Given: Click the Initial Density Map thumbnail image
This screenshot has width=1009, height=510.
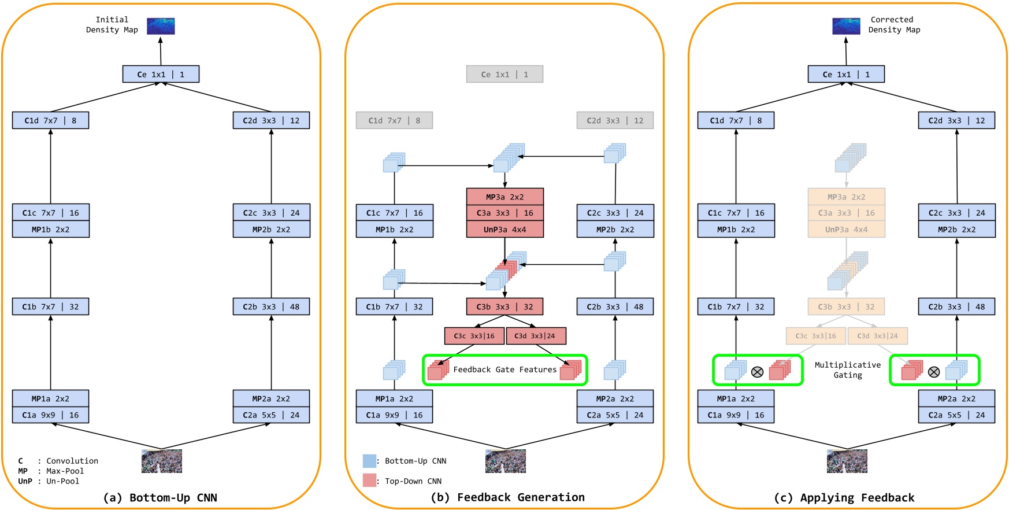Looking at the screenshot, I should tap(161, 26).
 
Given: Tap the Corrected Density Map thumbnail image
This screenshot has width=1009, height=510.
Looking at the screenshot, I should tap(846, 26).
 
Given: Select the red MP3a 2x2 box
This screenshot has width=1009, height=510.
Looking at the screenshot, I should tap(504, 197).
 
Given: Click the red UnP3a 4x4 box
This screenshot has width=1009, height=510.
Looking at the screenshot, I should tap(504, 230).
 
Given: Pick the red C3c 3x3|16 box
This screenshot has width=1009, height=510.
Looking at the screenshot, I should tap(474, 336).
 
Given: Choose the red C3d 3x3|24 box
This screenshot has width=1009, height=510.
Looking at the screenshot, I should tap(535, 336).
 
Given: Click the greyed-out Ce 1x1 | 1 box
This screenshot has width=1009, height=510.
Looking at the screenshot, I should tap(504, 75).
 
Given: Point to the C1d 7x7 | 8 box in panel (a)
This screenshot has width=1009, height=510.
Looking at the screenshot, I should tap(50, 121).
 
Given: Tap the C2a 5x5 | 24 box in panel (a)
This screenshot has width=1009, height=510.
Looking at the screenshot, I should tap(271, 415).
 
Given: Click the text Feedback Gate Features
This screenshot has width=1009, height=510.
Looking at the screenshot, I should tap(504, 369).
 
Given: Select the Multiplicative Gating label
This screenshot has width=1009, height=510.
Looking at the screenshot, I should tap(847, 370).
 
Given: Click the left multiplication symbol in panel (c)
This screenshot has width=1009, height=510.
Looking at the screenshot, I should tap(757, 372).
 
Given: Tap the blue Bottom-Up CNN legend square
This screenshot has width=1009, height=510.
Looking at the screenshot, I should tap(369, 461).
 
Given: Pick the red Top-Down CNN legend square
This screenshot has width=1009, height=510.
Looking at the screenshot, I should tap(369, 481).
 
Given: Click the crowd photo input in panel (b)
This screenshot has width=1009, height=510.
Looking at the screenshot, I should tap(505, 461).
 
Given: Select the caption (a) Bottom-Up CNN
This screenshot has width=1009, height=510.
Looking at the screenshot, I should tap(160, 498).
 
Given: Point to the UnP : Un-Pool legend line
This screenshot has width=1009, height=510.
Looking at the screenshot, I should tap(49, 481).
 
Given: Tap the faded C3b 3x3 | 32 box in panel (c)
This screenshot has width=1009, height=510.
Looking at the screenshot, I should tap(846, 307).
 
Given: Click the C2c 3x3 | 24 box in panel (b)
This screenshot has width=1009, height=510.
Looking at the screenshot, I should tap(615, 213).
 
